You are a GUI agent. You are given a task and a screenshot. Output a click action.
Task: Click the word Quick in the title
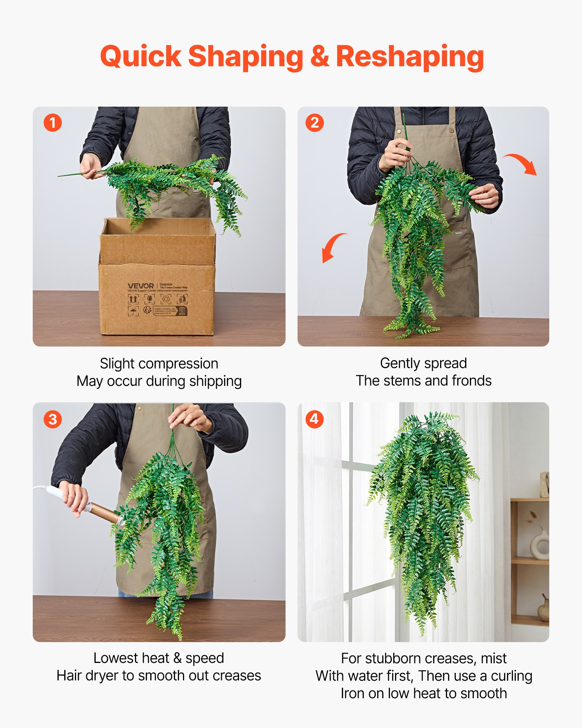pos(140,57)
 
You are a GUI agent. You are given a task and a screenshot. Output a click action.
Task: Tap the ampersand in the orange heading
pos(319,57)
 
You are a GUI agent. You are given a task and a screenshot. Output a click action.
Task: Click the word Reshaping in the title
pos(410,57)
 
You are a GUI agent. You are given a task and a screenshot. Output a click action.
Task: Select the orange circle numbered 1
pos(53,123)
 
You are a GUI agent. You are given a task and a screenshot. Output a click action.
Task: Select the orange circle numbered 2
pos(315,123)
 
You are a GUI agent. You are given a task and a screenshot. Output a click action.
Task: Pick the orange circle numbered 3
pos(53,419)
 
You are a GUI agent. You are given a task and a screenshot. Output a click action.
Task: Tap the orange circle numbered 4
pos(315,419)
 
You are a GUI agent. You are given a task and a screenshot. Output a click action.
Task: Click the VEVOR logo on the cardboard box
pos(141,286)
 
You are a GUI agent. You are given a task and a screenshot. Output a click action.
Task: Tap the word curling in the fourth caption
pos(511,676)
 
